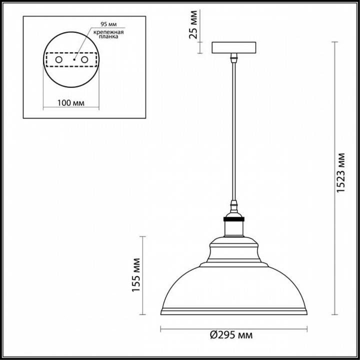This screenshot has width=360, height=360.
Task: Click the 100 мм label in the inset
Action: (x=70, y=103)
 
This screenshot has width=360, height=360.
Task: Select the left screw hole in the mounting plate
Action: (x=58, y=59)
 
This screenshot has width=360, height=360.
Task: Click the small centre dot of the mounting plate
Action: (x=73, y=59)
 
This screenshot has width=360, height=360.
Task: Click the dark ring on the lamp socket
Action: (x=233, y=219)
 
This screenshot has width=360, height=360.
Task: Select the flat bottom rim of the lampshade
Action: (x=233, y=312)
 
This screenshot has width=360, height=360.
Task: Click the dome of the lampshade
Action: (x=233, y=287)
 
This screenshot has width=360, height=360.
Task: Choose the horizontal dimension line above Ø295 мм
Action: (x=233, y=328)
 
